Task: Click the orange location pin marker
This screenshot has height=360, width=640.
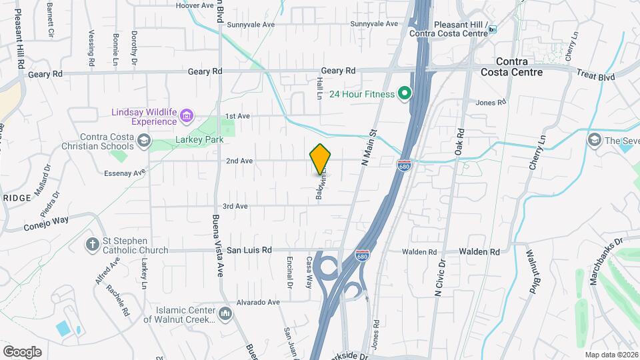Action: (320, 159)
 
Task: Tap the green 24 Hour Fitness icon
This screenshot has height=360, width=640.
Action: (404, 94)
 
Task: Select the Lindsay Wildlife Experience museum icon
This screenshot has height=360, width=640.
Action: (186, 117)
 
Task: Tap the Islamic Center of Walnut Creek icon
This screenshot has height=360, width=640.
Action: (225, 313)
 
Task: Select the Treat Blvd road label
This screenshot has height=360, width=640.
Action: (596, 77)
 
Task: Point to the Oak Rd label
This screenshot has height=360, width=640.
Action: (459, 143)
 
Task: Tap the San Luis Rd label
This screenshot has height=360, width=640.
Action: (249, 251)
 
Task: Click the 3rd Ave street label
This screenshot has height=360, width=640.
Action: (235, 207)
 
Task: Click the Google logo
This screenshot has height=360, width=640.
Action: (22, 351)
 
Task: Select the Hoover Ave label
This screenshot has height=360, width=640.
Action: (194, 5)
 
